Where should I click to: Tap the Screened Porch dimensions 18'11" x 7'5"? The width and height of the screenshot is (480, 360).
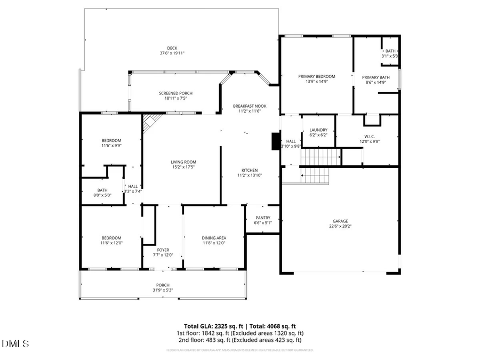click(175, 98)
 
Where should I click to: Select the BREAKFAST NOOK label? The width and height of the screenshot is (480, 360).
click(249, 106)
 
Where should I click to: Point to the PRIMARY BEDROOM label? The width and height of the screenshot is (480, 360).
click(316, 76)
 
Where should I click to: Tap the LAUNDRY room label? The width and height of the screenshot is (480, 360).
click(318, 130)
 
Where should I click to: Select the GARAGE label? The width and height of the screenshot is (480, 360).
click(340, 221)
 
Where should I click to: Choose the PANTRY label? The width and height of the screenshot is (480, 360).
click(263, 218)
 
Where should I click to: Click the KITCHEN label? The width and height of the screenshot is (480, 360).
click(249, 170)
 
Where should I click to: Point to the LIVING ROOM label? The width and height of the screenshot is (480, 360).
click(183, 162)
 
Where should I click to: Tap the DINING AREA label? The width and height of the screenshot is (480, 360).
click(214, 238)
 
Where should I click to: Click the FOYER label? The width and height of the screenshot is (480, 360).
click(163, 250)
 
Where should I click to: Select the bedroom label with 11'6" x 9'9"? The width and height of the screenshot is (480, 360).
click(111, 140)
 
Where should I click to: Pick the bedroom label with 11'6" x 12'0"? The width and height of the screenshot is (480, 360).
click(111, 238)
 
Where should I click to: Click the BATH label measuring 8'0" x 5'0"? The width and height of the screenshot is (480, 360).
click(102, 190)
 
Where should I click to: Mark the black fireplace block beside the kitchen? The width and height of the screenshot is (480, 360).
click(276, 141)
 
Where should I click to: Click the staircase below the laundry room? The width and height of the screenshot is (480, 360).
click(321, 158)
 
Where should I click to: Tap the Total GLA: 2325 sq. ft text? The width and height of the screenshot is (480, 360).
click(211, 325)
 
